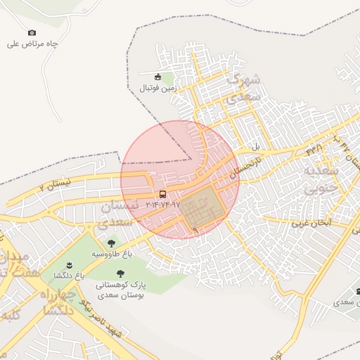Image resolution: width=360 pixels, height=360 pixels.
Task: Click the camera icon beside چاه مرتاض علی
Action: pos(32,32)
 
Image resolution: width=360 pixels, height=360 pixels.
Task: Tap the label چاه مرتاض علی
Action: pos(32,44)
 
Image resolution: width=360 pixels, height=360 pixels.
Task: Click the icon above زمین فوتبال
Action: pos(157,77)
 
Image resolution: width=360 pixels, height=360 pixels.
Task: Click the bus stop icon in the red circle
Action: pos(163,194)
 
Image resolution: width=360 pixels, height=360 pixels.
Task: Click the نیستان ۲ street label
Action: pos(56,186)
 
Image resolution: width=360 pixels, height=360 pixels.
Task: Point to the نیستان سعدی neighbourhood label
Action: pos(116,215)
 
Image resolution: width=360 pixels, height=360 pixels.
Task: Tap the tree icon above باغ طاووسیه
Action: pos(111,243)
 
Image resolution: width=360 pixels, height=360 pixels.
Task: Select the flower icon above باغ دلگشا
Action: pos(70,265)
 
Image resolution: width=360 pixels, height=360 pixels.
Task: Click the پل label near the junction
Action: pos(257,148)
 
